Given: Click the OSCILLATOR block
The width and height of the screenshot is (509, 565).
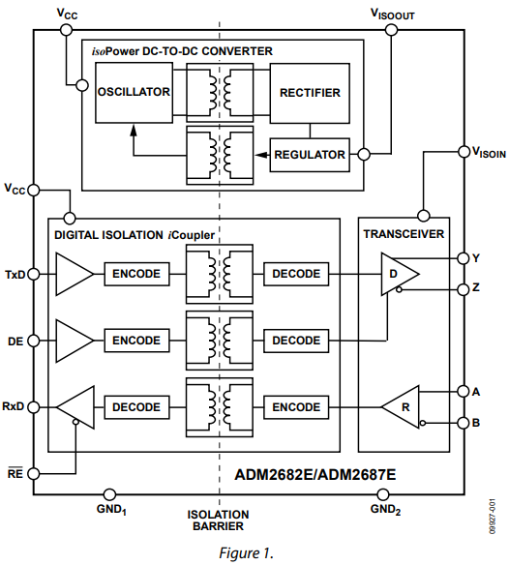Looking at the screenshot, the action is point(134,93).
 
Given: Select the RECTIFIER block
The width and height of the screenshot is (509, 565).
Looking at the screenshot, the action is point(310,93).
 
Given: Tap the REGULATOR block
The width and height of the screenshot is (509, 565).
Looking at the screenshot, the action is point(310,155).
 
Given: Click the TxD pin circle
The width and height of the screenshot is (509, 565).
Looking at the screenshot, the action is point(33,274).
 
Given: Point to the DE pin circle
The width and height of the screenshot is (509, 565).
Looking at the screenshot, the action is point(33,341).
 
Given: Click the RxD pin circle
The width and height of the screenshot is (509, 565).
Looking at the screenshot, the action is point(33,407).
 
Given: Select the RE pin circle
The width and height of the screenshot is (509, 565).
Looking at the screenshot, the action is point(33,473).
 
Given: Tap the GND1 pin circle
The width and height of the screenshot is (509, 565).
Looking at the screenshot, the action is point(109,494).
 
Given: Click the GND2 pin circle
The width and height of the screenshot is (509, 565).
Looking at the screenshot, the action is point(382,494).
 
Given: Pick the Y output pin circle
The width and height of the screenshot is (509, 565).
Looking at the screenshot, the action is point(464,258).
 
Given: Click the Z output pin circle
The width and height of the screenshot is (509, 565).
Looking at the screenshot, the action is point(464,289).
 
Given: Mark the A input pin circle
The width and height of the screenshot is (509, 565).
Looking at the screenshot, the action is point(464,391).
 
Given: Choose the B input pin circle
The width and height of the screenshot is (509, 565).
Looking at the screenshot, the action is point(464,423).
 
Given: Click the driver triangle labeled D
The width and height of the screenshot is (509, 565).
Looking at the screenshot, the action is point(397,274).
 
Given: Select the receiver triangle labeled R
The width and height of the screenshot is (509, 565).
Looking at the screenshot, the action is point(403,407).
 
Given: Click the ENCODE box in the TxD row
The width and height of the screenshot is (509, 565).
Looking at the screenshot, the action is point(136,274).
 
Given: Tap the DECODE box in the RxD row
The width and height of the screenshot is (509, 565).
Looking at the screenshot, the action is point(136,407).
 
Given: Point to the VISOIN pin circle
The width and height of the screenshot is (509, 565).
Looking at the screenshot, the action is point(464,151).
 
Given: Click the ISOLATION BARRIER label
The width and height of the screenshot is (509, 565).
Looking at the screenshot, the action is point(218,520).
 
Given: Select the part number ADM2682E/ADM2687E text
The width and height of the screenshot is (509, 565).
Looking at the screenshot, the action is point(315,474).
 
